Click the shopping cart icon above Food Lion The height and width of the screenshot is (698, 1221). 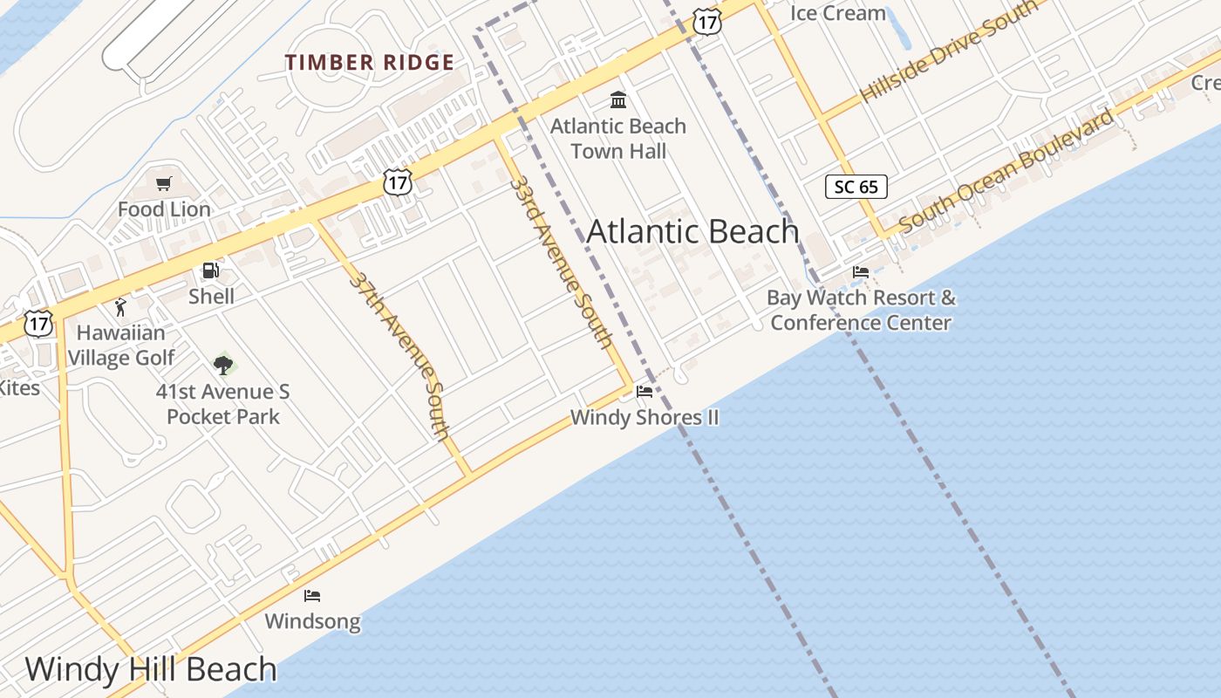(x=163, y=183)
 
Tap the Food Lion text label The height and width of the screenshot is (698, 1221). (x=164, y=209)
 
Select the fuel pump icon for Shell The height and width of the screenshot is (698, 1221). (x=210, y=270)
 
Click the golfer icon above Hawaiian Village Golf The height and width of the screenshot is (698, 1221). (x=120, y=307)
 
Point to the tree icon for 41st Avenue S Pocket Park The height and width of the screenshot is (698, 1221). (x=223, y=365)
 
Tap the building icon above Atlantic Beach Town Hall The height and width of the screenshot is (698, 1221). (x=618, y=99)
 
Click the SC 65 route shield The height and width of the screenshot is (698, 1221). (x=856, y=186)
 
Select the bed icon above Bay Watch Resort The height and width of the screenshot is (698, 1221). (x=861, y=272)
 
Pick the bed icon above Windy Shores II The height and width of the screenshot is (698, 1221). (x=645, y=392)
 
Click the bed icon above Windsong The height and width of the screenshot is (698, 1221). (x=312, y=596)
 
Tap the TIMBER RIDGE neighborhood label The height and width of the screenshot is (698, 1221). (x=370, y=62)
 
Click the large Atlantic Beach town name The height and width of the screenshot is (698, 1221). (x=692, y=231)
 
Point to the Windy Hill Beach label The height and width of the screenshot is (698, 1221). (x=151, y=669)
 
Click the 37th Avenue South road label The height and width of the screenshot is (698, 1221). (x=400, y=355)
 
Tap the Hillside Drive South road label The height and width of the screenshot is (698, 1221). (x=948, y=51)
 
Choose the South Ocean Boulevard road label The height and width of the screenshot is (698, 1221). (x=1006, y=171)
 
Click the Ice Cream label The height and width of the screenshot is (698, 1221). (x=837, y=13)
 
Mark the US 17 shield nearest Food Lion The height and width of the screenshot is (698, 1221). (x=398, y=182)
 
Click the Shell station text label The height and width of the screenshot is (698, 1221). (x=211, y=297)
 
